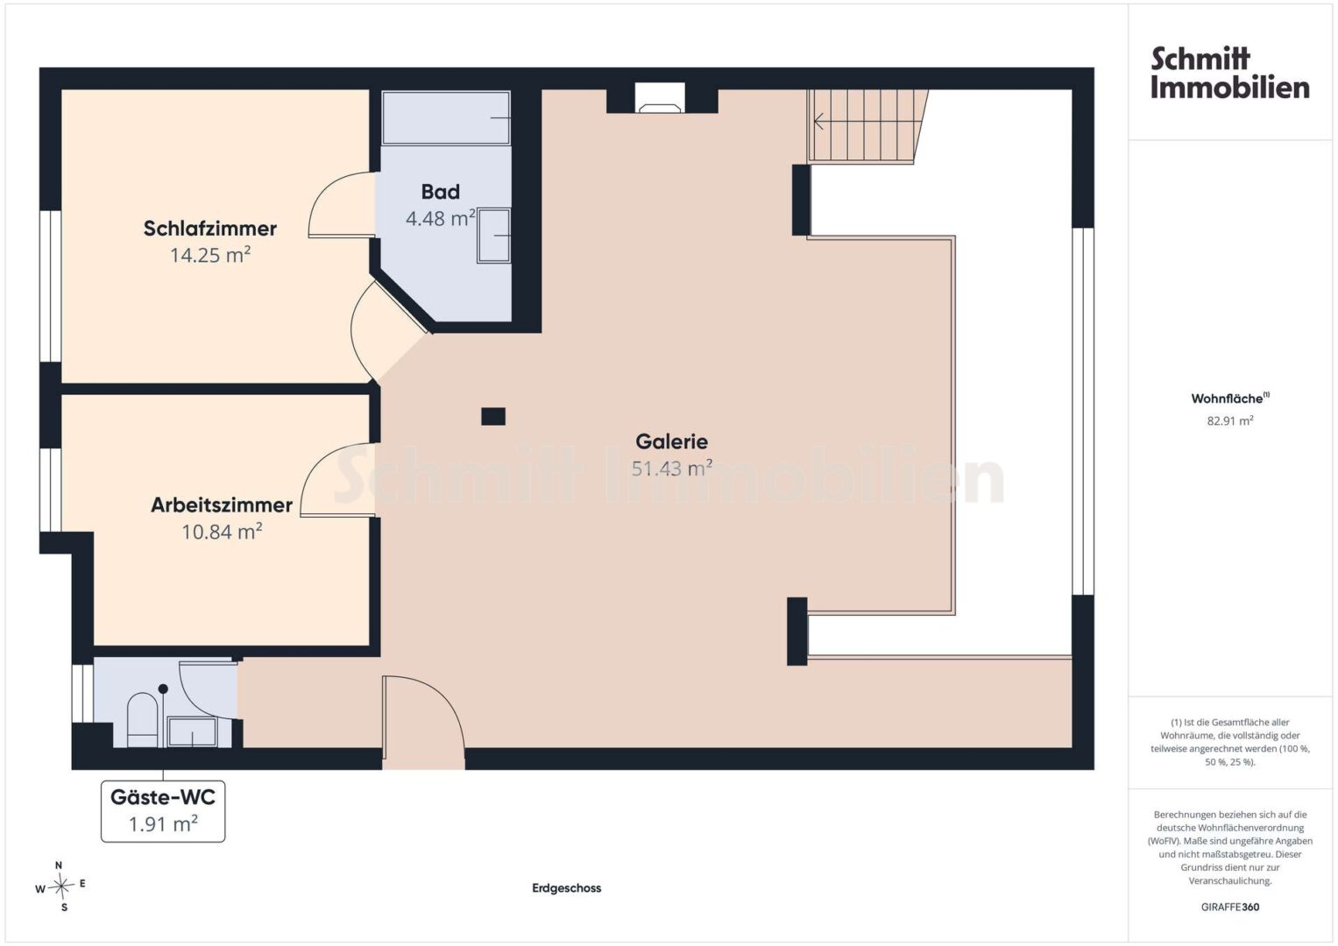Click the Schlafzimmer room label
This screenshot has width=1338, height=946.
pyautogui.click(x=210, y=229)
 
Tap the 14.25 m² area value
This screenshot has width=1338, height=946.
pyautogui.click(x=210, y=255)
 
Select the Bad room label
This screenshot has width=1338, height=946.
pyautogui.click(x=440, y=192)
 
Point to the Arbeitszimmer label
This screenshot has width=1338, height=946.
pyautogui.click(x=222, y=505)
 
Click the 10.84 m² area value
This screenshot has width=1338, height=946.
pyautogui.click(x=222, y=532)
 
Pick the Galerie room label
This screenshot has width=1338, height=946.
pyautogui.click(x=671, y=442)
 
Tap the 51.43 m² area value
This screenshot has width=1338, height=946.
pyautogui.click(x=671, y=469)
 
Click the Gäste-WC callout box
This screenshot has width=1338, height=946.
pyautogui.click(x=163, y=811)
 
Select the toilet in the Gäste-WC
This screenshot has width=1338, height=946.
pyautogui.click(x=142, y=720)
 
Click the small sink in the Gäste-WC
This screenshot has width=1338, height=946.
pyautogui.click(x=193, y=732)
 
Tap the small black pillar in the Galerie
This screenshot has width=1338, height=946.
pyautogui.click(x=493, y=416)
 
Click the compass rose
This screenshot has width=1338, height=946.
pyautogui.click(x=60, y=886)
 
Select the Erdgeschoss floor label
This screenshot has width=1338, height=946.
pyautogui.click(x=566, y=888)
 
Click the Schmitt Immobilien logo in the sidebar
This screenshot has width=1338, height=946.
pyautogui.click(x=1230, y=73)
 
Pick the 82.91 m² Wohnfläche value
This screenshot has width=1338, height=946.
pyautogui.click(x=1230, y=420)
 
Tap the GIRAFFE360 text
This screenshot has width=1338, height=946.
pyautogui.click(x=1230, y=907)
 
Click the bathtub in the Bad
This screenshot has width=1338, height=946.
pyautogui.click(x=446, y=117)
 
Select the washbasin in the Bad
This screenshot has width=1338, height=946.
pyautogui.click(x=493, y=236)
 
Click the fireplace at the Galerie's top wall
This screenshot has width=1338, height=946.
pyautogui.click(x=660, y=98)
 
